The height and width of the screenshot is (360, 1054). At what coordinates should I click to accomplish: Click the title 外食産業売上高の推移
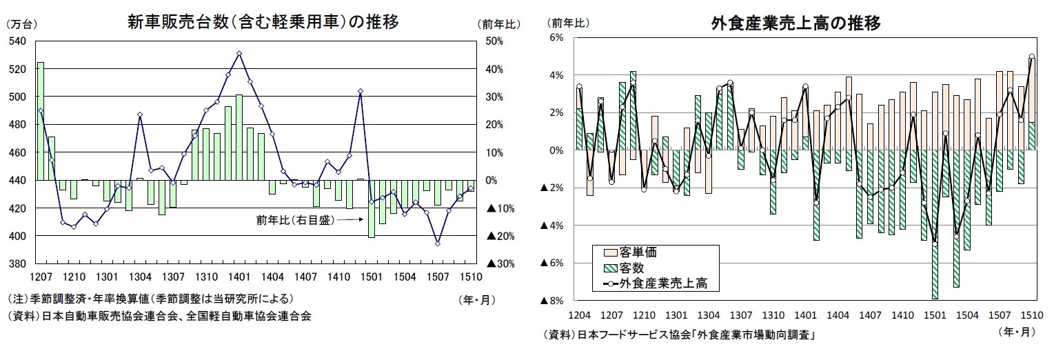click(795, 23)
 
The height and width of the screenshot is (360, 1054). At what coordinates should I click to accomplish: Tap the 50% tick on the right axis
click(494, 41)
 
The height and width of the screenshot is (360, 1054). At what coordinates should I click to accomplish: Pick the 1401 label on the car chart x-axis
click(239, 277)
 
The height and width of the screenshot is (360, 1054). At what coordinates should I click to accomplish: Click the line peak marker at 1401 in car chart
click(239, 53)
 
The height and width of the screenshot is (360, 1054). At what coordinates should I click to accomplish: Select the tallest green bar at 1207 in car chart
click(40, 121)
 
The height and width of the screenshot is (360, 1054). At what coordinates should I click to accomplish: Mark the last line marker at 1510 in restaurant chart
click(1031, 57)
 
